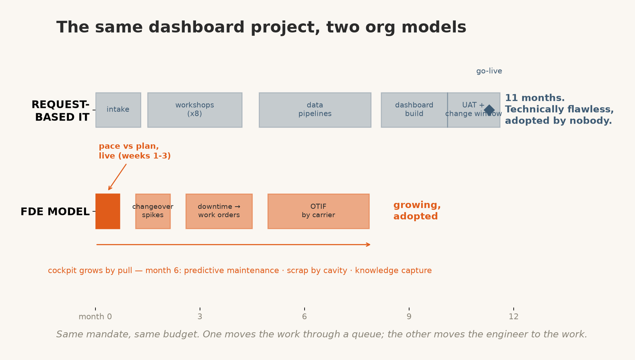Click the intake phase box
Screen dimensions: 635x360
118,110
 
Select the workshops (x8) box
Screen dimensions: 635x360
195,110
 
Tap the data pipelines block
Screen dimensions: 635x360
315,110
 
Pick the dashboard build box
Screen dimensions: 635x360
414,110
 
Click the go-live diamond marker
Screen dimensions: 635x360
489,110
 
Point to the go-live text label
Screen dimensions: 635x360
489,71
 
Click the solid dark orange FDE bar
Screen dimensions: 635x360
108,211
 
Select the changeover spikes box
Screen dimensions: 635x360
153,211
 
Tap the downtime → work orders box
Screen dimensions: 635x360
219,211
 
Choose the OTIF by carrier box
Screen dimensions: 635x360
318,211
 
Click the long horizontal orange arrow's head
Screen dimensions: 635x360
369,244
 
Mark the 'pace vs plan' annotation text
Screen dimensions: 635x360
134,151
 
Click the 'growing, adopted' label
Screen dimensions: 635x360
417,211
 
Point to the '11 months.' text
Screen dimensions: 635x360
534,98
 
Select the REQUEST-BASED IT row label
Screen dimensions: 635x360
60,111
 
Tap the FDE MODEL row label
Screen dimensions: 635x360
55,212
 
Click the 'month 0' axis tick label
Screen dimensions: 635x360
95,317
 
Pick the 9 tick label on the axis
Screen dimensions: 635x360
409,317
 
